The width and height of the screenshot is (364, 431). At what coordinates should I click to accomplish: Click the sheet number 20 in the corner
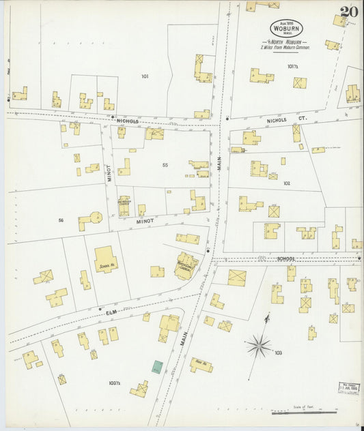(x=348, y=12)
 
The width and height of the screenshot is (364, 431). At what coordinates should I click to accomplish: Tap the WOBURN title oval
(x=285, y=28)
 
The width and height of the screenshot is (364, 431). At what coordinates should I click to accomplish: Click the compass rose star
(x=259, y=346)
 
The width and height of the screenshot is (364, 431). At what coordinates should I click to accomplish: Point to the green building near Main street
(x=158, y=367)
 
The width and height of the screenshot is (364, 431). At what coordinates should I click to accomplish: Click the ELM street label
(x=112, y=312)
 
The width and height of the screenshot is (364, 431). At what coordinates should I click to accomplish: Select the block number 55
(x=165, y=165)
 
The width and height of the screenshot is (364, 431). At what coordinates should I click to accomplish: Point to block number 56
(x=61, y=220)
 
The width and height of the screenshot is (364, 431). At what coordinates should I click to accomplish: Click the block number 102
(x=287, y=183)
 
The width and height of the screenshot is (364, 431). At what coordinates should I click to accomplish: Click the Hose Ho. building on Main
(x=201, y=366)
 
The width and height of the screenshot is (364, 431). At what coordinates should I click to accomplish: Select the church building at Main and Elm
(x=185, y=265)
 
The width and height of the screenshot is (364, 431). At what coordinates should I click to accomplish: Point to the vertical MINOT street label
(x=108, y=175)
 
